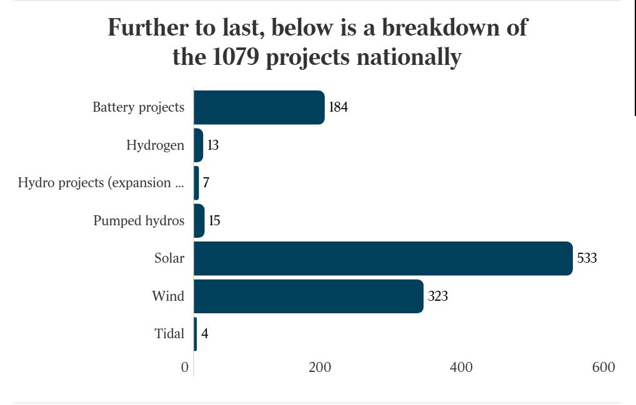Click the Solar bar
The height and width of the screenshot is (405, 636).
coord(383,258)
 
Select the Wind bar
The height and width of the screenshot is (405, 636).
coord(309,296)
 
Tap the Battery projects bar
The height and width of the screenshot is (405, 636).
coord(259,107)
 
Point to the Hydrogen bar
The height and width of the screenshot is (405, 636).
coord(199,145)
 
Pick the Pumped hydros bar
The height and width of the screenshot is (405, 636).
coord(199,221)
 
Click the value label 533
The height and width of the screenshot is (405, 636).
coord(587,258)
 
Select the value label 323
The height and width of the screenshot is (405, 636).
coord(438,296)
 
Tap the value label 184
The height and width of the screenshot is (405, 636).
coord(338,107)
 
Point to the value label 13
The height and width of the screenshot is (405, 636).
coord(213,145)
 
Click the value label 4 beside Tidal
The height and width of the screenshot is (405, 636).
coord(204,334)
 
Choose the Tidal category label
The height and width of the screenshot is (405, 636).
coord(169,334)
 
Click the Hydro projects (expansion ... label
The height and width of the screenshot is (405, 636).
coord(101,183)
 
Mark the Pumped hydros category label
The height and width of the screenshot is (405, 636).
coord(139,221)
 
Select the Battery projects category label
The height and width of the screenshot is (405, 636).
coord(138,107)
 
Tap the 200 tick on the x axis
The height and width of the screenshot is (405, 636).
coord(320,368)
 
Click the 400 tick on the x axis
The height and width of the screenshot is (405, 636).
coord(461,368)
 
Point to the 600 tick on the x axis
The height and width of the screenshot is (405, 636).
coord(604,368)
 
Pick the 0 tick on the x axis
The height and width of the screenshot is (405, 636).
coord(185,368)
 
